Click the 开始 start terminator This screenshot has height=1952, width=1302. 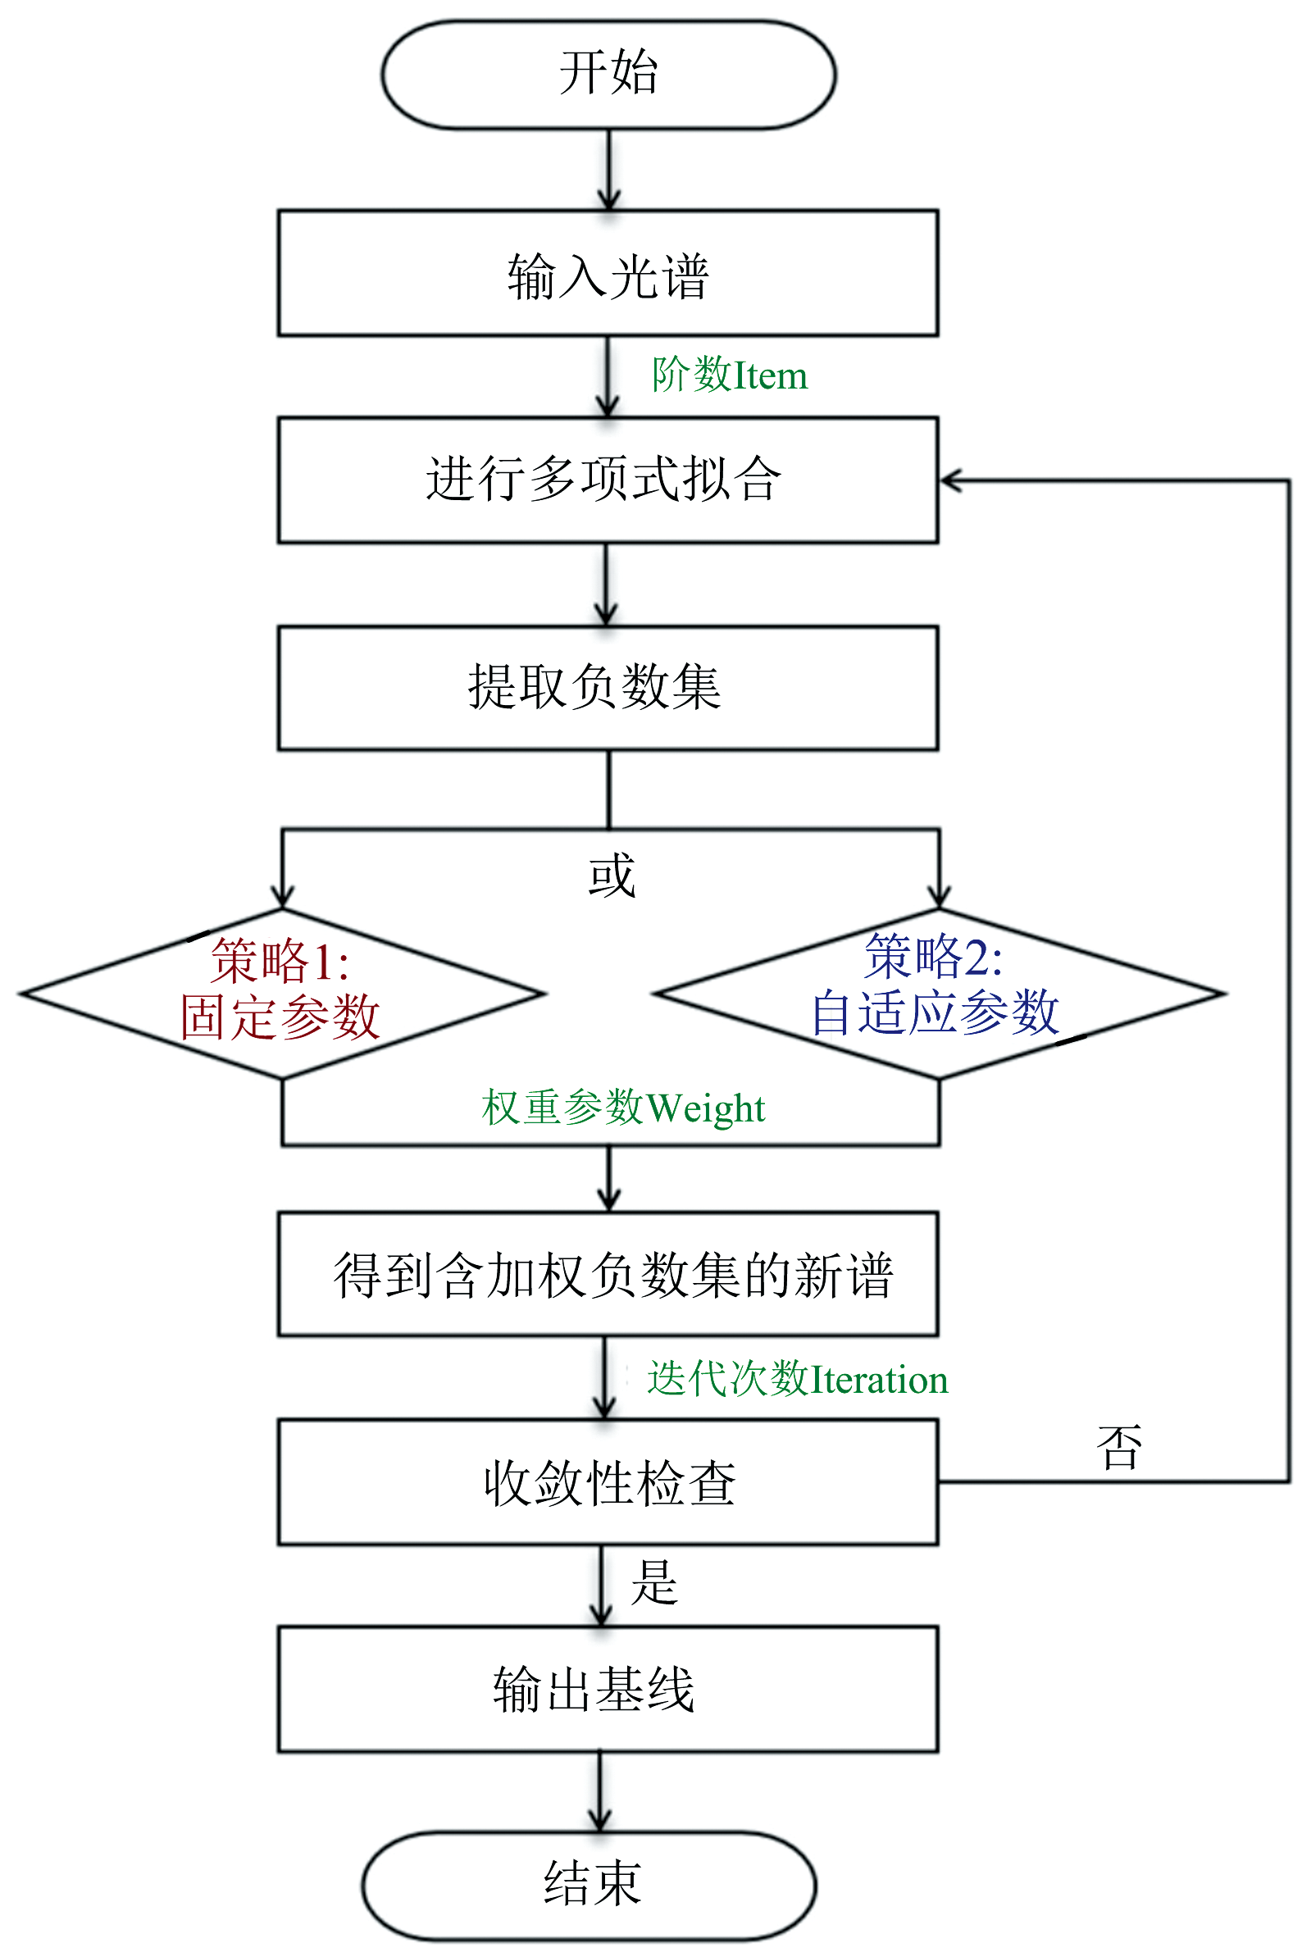pos(608,75)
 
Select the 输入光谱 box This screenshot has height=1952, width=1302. pos(608,273)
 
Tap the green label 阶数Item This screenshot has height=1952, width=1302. pos(729,375)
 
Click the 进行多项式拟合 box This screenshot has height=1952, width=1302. pos(608,480)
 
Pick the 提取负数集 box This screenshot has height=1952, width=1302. pos(608,689)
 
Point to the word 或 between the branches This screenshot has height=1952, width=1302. pos(612,876)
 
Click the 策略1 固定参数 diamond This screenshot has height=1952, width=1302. pos(282,994)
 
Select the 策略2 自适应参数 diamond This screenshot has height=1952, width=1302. pos(939,994)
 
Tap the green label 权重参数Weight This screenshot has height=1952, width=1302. pos(623,1108)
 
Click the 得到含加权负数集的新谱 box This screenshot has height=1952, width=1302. pos(608,1275)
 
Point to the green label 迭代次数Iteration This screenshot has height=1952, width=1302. pos(797,1379)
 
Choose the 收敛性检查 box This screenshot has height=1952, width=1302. pos(608,1482)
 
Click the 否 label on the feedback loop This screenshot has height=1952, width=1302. pos(1119,1448)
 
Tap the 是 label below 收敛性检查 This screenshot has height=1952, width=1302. pos(654,1581)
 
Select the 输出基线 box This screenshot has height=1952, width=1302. pos(608,1690)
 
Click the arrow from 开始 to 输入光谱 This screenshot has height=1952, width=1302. pos(608,171)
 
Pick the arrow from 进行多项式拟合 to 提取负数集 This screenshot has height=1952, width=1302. pos(606,585)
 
